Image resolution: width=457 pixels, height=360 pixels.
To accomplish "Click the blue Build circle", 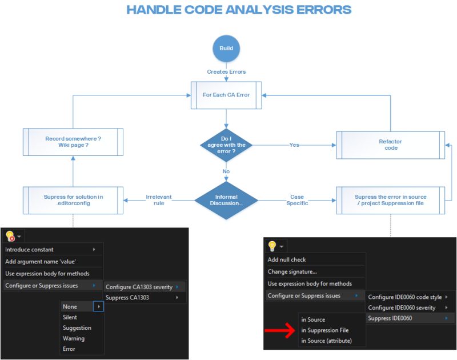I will pos(226,49).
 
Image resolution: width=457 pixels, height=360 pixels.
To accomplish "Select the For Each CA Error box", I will pos(226,95).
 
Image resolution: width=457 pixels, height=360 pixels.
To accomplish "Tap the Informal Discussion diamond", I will pos(226,200).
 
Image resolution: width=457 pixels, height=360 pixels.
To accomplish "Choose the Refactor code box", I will pos(390,145).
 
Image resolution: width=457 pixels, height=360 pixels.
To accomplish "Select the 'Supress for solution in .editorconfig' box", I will pos(73,200).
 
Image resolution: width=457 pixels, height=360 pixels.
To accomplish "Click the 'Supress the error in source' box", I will pos(390,200).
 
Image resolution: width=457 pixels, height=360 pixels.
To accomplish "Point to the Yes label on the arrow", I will pos(294,145).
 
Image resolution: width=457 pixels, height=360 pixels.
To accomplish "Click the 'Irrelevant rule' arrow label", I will pos(158,200).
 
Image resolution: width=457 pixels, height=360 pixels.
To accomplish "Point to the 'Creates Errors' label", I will pos(226,72).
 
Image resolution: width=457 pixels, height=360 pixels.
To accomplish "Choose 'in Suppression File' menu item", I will pos(324,330).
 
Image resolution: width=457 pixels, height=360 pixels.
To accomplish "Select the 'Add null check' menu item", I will pos(287,260).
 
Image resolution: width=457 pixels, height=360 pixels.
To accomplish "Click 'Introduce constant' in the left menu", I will pos(30,250).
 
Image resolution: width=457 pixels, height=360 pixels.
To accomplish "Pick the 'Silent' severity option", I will pos(70,317).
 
